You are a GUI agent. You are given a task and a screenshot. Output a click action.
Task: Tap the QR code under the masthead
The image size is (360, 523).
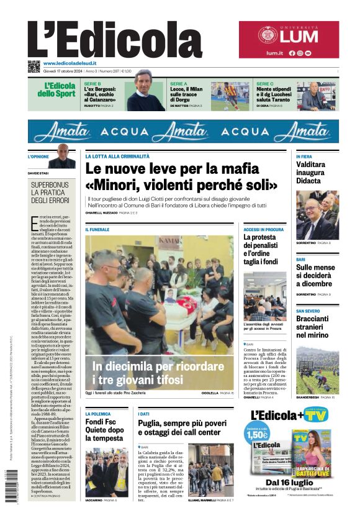34,66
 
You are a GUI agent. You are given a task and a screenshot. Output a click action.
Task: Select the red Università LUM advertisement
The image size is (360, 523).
289,40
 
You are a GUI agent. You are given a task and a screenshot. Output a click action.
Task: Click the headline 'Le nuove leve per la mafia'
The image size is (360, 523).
172,168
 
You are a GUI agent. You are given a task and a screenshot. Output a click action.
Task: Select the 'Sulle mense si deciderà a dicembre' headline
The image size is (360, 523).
317,276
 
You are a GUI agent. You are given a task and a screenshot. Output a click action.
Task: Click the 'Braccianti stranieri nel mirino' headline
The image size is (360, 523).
317,327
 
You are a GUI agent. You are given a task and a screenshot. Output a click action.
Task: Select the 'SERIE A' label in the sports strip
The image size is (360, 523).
179,83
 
